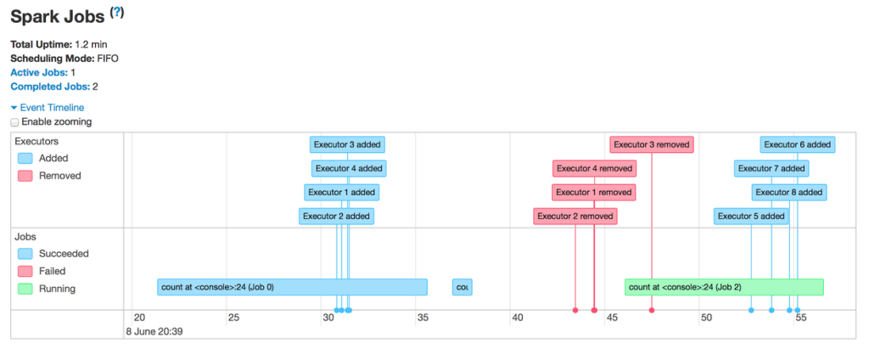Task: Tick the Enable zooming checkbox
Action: (x=14, y=122)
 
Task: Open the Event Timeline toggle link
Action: (x=48, y=108)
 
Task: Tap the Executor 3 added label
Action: (x=346, y=144)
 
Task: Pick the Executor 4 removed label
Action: (x=594, y=169)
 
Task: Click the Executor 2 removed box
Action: (x=575, y=217)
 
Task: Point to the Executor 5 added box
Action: (x=751, y=217)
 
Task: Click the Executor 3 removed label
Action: (x=652, y=144)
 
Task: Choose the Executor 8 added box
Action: (x=789, y=193)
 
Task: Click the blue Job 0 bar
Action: (x=292, y=287)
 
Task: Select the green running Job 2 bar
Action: (x=724, y=287)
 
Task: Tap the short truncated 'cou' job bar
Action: (x=462, y=287)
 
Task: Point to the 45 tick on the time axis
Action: (x=610, y=318)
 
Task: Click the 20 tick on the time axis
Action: (x=139, y=318)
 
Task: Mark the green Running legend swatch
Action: (x=25, y=289)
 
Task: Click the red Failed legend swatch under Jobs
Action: (x=25, y=271)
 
